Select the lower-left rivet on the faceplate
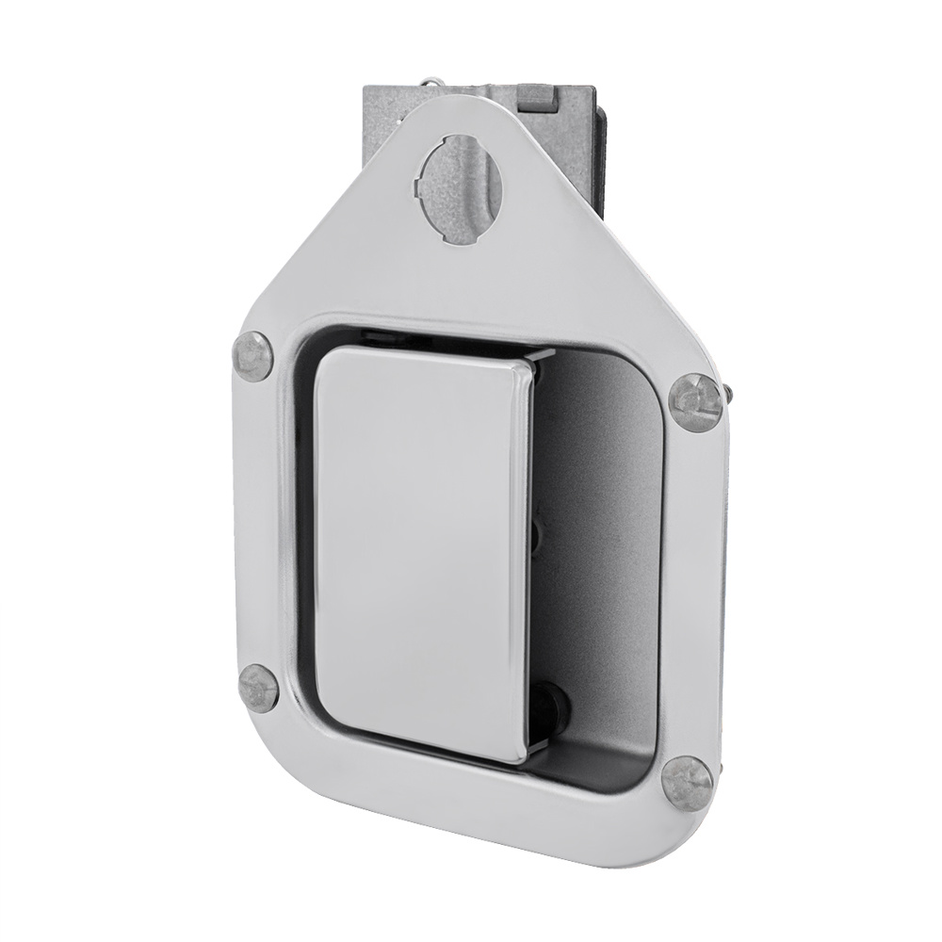click(x=257, y=685)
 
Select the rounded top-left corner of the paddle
click(x=325, y=363)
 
